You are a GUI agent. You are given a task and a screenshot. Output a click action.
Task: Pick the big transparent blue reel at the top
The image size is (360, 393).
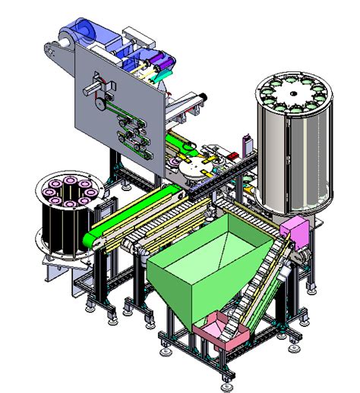[x=80, y=34]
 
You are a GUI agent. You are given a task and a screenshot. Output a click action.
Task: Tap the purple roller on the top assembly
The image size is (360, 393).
[x=161, y=59]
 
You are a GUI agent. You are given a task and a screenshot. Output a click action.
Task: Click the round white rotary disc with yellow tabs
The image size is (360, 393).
[x=196, y=168]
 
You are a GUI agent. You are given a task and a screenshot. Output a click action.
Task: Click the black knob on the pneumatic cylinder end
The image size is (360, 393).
[x=204, y=96]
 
